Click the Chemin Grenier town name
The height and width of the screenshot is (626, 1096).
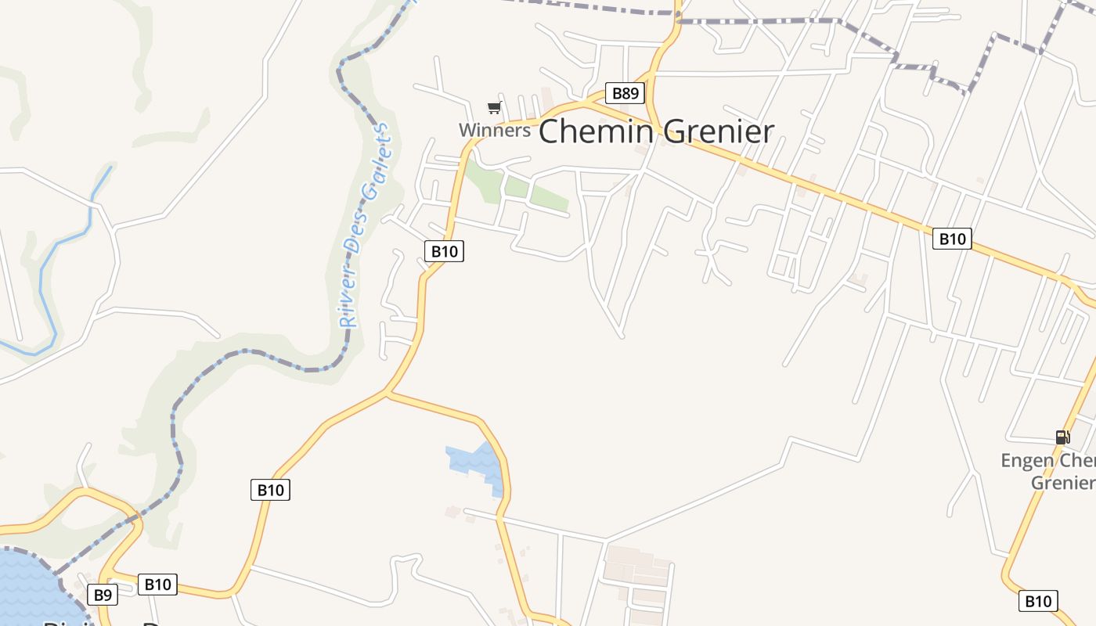pos(656,131)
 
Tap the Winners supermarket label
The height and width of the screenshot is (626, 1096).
pos(494,130)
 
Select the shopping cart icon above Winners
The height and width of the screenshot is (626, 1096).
pos(494,108)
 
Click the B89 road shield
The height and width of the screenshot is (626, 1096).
pos(625,94)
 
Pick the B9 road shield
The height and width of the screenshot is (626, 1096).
pos(103,595)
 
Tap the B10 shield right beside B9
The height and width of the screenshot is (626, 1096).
pos(157,585)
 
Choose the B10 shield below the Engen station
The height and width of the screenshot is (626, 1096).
pos(1038,601)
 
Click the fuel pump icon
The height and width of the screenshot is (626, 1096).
pos(1062,437)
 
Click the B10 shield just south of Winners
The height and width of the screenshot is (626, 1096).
pos(444,251)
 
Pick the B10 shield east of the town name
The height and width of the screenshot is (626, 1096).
pos(952,239)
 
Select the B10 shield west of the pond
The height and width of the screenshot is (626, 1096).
pos(270,491)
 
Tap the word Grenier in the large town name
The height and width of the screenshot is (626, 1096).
pos(717,131)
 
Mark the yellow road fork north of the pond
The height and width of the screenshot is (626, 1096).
pos(387,394)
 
